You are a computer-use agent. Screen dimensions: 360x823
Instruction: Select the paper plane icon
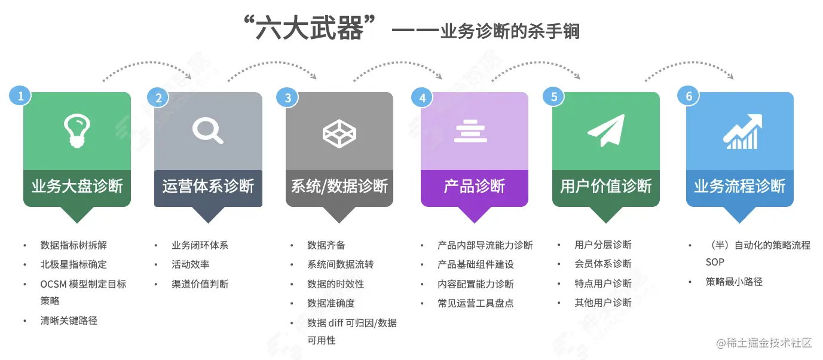coord(605,131)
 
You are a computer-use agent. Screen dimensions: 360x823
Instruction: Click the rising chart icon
coord(742,131)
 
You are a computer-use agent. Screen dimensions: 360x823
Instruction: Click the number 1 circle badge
coord(20,95)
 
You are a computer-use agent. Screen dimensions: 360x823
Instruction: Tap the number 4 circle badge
coord(423,97)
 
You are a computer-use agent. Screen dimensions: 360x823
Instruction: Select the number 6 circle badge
coord(689,96)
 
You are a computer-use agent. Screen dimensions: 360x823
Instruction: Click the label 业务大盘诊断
coord(77,186)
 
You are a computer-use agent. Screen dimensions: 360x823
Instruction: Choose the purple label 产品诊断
coord(475,186)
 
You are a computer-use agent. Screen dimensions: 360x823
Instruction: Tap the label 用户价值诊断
coord(605,186)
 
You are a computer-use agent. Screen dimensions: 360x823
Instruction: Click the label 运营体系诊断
coord(208,186)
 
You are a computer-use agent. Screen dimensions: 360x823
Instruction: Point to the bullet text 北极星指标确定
coord(74,264)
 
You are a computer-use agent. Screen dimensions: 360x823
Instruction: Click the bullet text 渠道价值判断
coord(200,283)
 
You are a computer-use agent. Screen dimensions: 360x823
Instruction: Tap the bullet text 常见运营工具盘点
coord(475,303)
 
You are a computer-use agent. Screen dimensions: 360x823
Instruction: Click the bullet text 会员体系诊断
coord(602,264)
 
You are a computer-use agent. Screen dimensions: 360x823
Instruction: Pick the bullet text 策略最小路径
coord(734,282)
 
